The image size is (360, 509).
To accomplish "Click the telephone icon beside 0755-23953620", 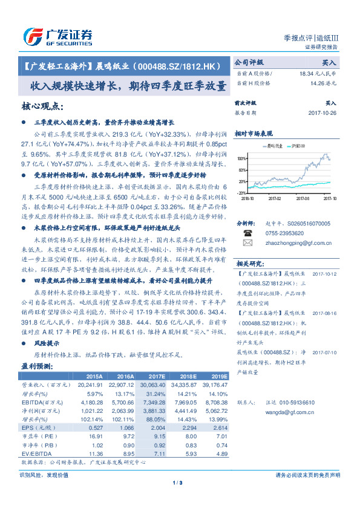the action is [247, 232].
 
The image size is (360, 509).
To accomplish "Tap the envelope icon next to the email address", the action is [247, 242].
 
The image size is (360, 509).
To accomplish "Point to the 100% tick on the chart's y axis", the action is [242, 159].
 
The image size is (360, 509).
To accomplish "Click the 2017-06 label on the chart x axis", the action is [302, 197].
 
